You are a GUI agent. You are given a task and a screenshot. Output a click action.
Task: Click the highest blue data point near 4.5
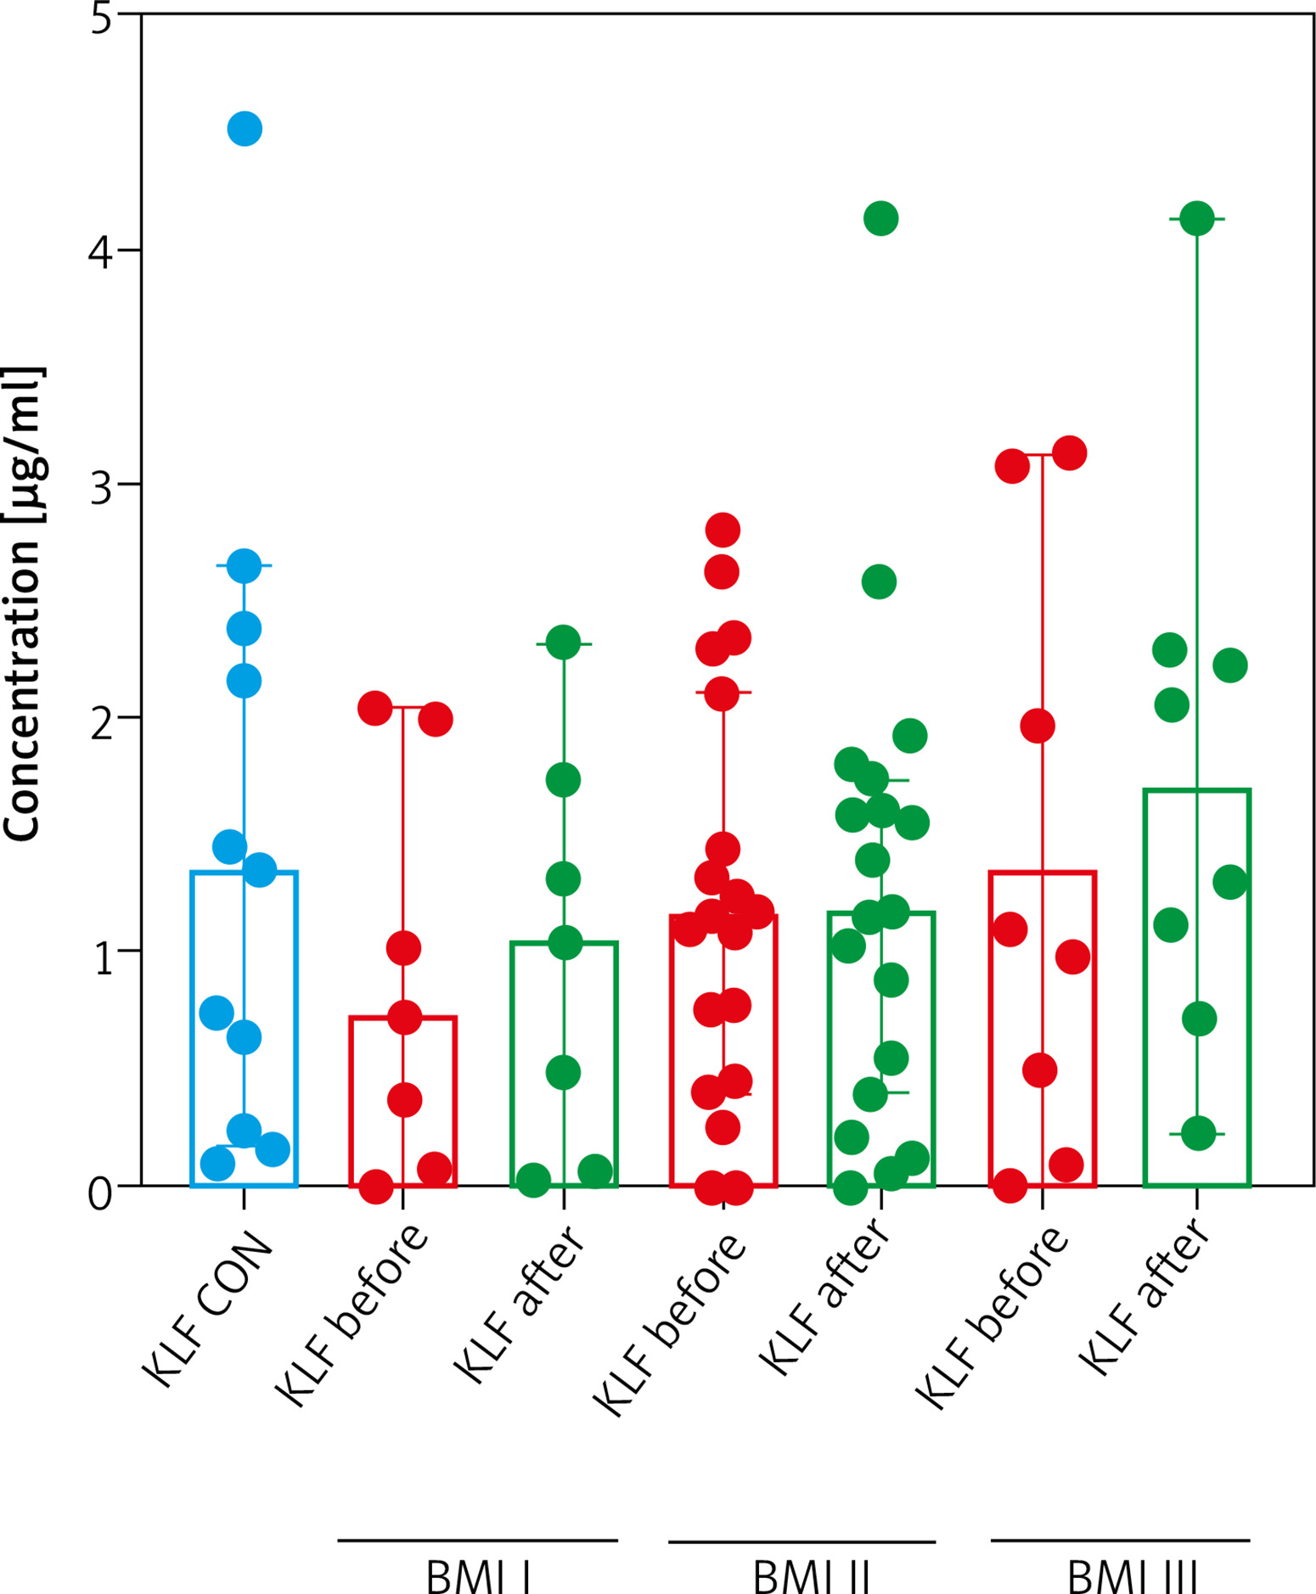(x=245, y=129)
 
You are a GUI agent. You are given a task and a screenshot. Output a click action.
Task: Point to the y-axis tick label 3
(x=102, y=486)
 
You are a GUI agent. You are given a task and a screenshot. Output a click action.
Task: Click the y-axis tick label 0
(x=100, y=1193)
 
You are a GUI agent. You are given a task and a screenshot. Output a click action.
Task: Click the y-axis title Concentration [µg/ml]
(x=23, y=604)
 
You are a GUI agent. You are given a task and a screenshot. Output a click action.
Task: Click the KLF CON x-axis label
(x=209, y=1311)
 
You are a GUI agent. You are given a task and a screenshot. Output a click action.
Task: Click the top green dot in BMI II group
(x=880, y=219)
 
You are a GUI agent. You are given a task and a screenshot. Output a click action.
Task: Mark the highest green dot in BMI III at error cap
(x=1197, y=219)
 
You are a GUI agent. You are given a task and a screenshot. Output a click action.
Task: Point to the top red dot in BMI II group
(x=723, y=530)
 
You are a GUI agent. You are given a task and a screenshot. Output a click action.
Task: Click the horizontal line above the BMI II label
(x=801, y=1541)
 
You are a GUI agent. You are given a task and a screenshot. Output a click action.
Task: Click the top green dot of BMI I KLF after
(x=563, y=643)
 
